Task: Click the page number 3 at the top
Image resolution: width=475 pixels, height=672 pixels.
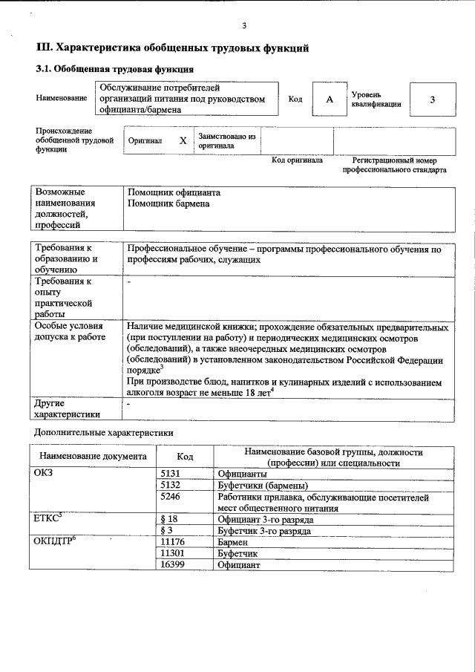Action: click(x=243, y=27)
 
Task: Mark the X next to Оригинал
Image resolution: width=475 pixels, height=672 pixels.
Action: click(x=183, y=140)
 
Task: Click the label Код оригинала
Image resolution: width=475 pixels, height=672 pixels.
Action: click(x=297, y=160)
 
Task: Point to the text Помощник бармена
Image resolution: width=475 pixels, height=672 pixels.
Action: click(x=168, y=203)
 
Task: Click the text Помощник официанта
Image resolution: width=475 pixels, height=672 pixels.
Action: click(x=174, y=192)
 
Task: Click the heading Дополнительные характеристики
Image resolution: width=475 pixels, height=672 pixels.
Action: click(x=104, y=431)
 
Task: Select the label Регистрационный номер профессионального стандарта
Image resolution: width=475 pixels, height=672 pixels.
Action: click(x=394, y=165)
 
